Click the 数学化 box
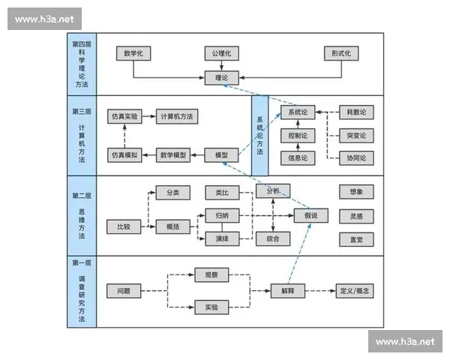(134, 53)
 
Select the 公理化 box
(221, 53)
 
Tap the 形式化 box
(341, 53)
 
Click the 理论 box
(221, 76)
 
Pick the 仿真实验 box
(124, 116)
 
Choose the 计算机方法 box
(177, 116)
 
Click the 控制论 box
(297, 136)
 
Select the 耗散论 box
(356, 112)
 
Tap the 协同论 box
(356, 158)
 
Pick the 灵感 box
(356, 216)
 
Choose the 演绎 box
(222, 239)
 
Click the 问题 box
(124, 290)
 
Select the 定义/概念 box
(355, 290)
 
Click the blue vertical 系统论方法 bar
(259, 135)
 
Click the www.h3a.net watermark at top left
(44, 19)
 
